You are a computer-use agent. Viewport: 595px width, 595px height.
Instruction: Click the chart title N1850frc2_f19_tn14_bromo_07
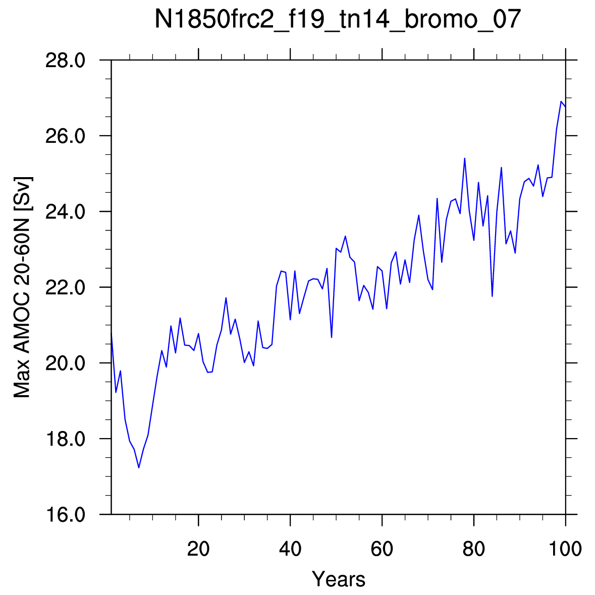coord(338,19)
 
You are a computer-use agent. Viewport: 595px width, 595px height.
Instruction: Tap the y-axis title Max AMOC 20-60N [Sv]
coord(22,287)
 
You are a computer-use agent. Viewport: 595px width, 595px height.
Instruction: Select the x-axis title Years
coord(339,579)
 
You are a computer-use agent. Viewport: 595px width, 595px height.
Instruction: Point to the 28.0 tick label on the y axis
coord(65,61)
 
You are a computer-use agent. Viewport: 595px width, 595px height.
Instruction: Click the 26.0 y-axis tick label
coord(65,136)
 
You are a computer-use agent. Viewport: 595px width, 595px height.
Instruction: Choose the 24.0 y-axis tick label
coord(65,212)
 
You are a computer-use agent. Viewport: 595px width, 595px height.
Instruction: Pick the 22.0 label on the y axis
coord(65,287)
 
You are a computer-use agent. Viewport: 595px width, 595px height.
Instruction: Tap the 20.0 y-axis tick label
coord(65,363)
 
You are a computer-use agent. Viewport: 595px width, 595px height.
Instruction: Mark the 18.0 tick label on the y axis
coord(65,439)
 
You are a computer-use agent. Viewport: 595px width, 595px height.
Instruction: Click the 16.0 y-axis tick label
coord(65,515)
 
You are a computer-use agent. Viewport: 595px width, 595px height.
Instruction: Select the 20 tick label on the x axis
coord(198,549)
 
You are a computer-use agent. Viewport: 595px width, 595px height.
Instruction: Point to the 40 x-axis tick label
coord(290,549)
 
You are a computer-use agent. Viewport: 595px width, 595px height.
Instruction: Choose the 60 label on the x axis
coord(382,549)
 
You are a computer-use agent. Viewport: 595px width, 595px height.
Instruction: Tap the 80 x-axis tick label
coord(474,549)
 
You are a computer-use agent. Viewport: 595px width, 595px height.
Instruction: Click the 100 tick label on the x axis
coord(565,549)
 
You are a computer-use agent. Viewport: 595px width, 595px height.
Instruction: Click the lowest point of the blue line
coord(139,467)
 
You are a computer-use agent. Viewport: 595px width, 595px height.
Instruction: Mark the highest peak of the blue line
coord(561,101)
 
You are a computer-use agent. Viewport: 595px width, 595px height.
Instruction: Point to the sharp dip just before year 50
coord(332,337)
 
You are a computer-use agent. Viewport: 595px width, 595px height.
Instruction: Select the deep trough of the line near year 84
coord(492,296)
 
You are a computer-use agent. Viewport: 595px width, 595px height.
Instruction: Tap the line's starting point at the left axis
coord(112,333)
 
